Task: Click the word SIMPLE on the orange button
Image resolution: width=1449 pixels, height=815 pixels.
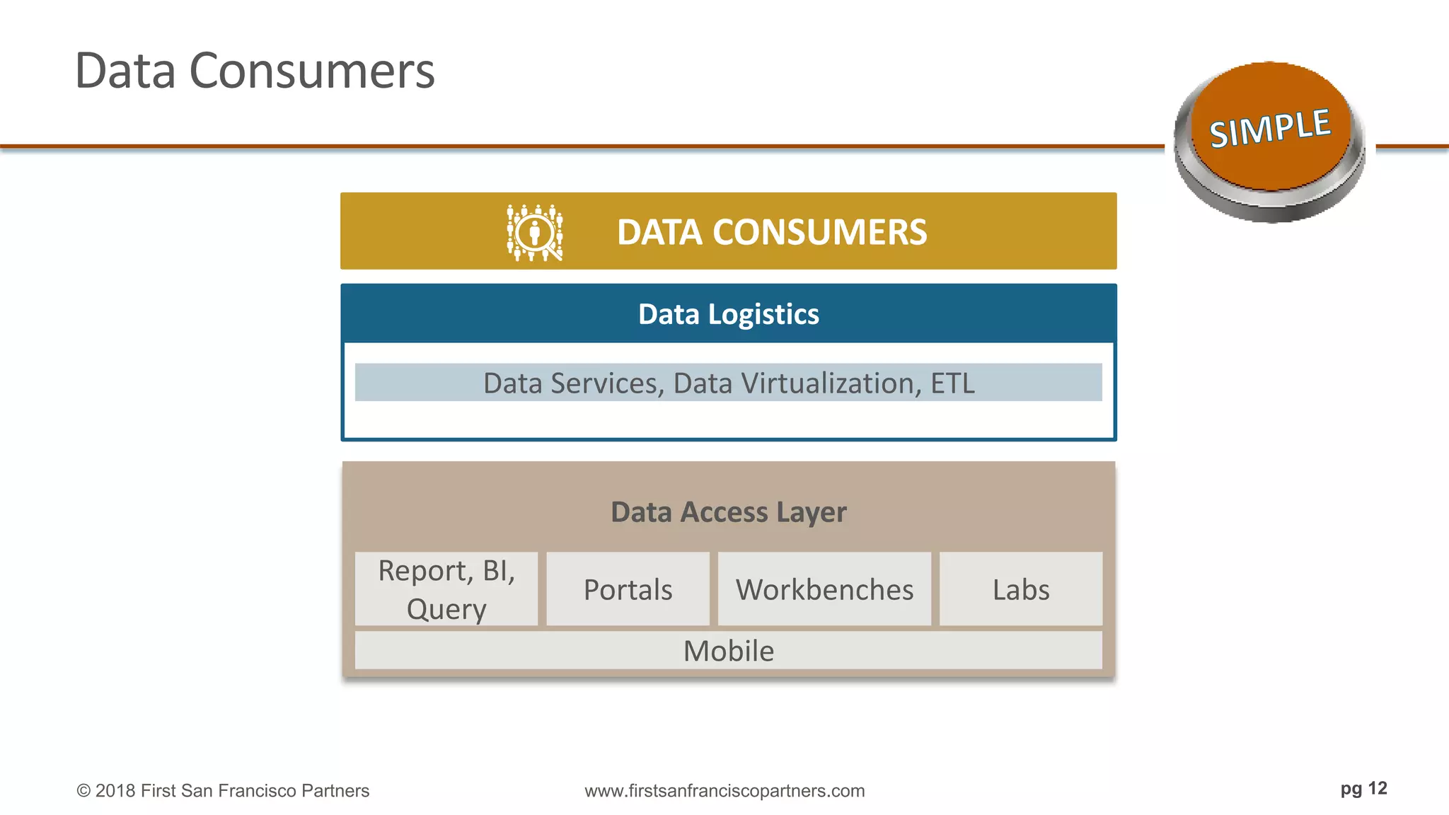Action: pyautogui.click(x=1270, y=128)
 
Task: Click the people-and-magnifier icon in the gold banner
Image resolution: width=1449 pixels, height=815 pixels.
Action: pyautogui.click(x=535, y=232)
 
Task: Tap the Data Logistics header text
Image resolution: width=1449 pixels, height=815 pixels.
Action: pyautogui.click(x=728, y=314)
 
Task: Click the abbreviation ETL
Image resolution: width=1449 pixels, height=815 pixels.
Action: pyautogui.click(x=952, y=383)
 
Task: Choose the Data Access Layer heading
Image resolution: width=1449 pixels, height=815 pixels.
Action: pyautogui.click(x=728, y=511)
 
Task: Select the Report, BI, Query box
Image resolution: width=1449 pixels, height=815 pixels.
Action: pyautogui.click(x=446, y=589)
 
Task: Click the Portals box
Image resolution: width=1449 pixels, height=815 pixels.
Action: pyautogui.click(x=628, y=589)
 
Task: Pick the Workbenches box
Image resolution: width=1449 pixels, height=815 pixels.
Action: pyautogui.click(x=824, y=589)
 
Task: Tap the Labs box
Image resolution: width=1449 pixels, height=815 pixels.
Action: pyautogui.click(x=1020, y=589)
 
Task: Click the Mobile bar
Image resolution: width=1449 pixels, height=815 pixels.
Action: pyautogui.click(x=728, y=650)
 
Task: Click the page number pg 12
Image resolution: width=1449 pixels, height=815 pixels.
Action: pyautogui.click(x=1363, y=788)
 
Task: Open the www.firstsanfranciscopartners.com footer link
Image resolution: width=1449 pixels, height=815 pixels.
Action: pyautogui.click(x=724, y=790)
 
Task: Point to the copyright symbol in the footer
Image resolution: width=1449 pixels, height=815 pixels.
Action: pyautogui.click(x=83, y=791)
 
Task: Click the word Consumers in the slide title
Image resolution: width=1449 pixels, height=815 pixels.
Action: pyautogui.click(x=312, y=71)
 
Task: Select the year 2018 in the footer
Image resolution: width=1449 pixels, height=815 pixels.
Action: pyautogui.click(x=115, y=790)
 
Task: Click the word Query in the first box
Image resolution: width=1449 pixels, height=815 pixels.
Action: pyautogui.click(x=446, y=609)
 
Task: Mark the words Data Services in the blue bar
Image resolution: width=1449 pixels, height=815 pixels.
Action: pyautogui.click(x=573, y=383)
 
